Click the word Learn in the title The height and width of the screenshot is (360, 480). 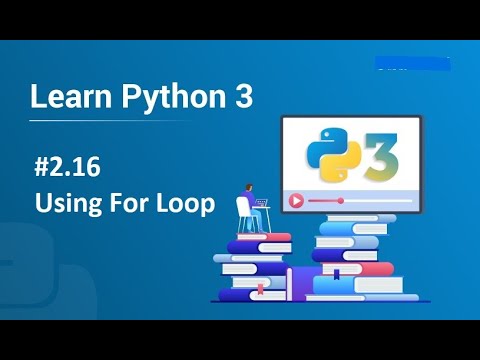coord(61,97)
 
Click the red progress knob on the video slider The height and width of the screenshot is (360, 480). coord(341,200)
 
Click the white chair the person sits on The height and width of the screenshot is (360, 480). coord(244,214)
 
